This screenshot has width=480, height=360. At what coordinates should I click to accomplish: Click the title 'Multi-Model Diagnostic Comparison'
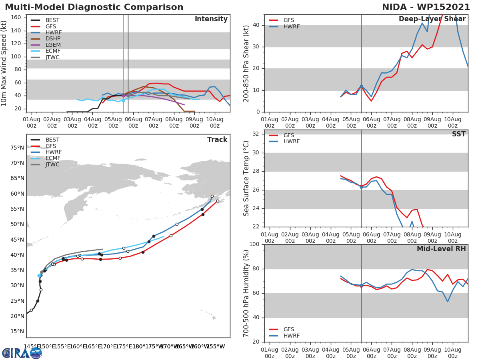pos(94,7)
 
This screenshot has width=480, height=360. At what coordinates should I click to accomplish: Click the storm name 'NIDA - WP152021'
pos(426,7)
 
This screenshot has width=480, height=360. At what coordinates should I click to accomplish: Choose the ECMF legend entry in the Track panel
pos(53,158)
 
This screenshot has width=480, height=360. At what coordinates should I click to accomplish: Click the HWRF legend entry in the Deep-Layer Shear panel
pos(291,27)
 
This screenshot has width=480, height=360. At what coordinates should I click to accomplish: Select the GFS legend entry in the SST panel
pos(289,135)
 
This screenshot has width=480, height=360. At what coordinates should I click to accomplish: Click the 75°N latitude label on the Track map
pos(17,148)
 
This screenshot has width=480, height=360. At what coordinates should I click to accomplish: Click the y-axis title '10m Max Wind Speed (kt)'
pos(4,63)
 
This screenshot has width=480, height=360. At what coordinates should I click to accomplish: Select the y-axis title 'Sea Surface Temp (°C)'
pos(246,178)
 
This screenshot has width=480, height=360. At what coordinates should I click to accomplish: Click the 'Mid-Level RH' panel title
pos(441,249)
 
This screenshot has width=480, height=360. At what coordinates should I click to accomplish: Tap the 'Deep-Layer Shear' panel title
pos(432,19)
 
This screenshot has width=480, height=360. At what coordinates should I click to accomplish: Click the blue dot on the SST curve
pos(361,187)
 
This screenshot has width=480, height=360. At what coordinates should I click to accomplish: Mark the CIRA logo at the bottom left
pos(22,353)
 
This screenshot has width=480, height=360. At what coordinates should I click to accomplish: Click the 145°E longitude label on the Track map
pos(31,346)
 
